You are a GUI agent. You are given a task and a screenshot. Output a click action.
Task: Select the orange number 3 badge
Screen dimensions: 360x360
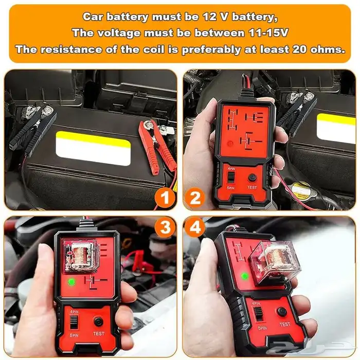click(163, 227)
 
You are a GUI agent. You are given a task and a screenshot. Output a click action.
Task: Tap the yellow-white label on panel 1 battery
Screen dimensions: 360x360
click(93, 148)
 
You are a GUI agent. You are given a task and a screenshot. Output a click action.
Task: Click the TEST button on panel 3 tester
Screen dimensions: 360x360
click(98, 321)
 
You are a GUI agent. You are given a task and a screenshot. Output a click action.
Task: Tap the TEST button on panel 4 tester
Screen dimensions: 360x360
click(282, 312)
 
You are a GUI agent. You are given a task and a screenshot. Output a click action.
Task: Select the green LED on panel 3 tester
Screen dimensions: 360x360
click(70, 282)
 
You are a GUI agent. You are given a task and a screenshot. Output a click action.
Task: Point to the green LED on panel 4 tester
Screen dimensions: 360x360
click(245, 276)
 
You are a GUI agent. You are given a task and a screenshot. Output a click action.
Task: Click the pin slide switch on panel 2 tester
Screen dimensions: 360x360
click(231, 177)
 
